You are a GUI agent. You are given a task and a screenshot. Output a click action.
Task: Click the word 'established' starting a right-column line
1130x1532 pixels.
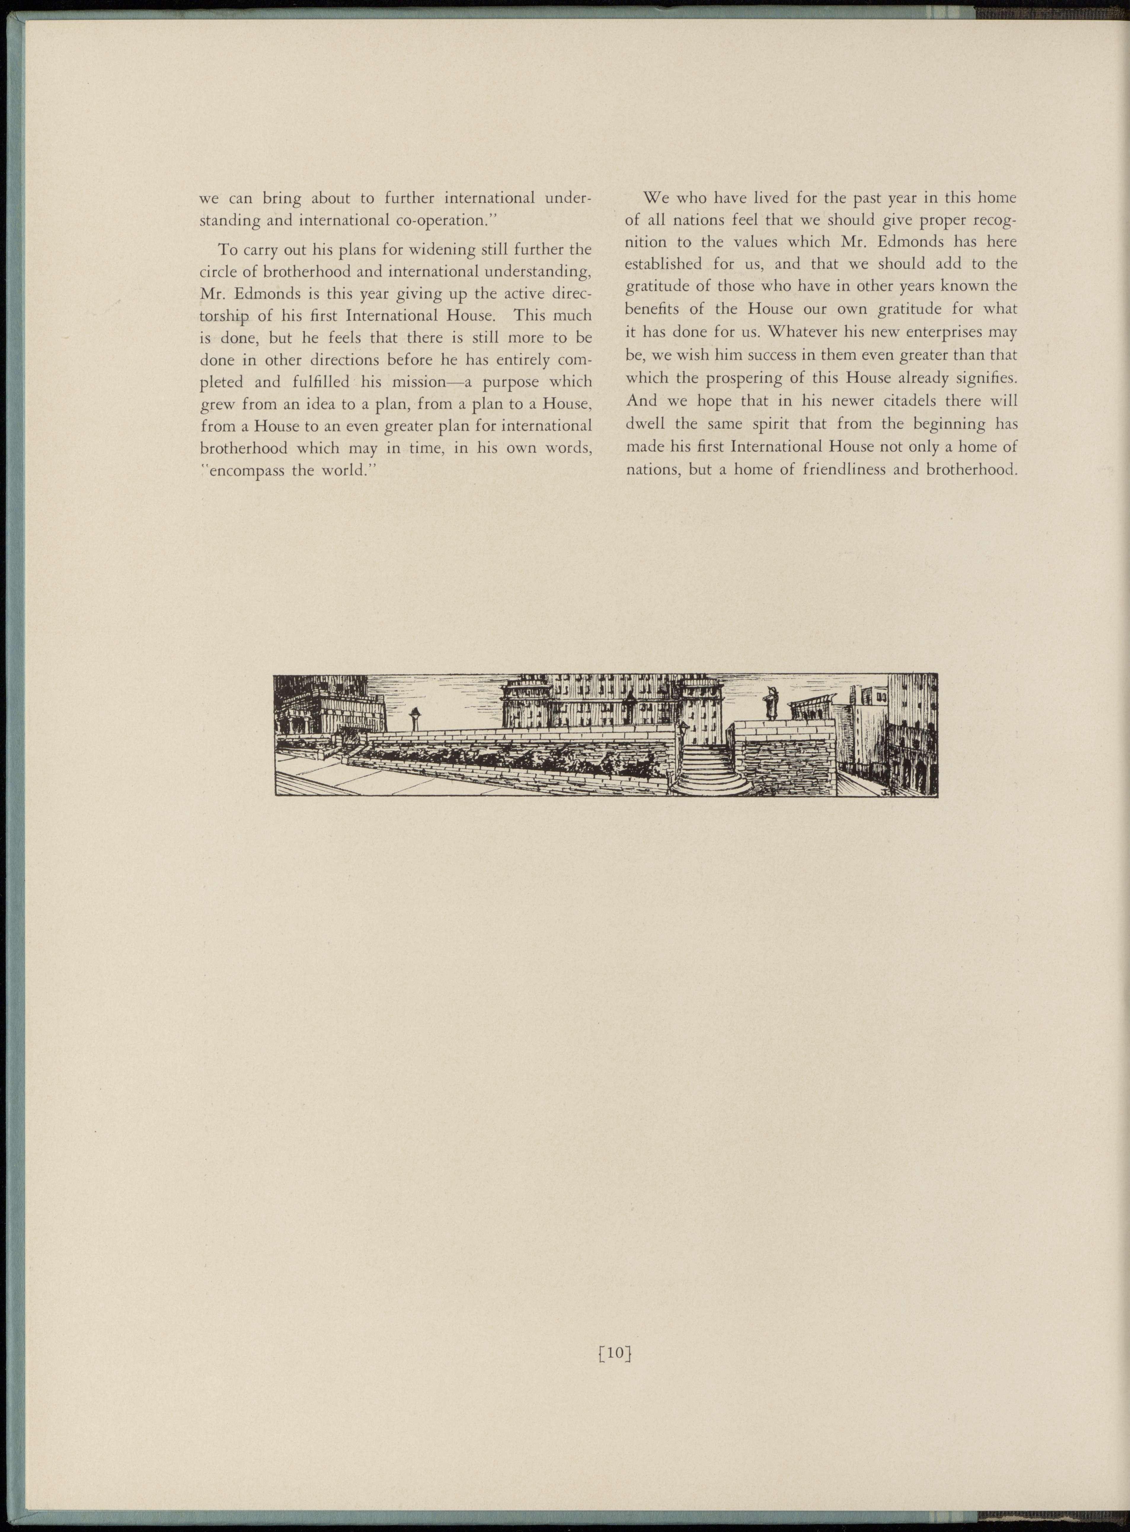tap(664, 264)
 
